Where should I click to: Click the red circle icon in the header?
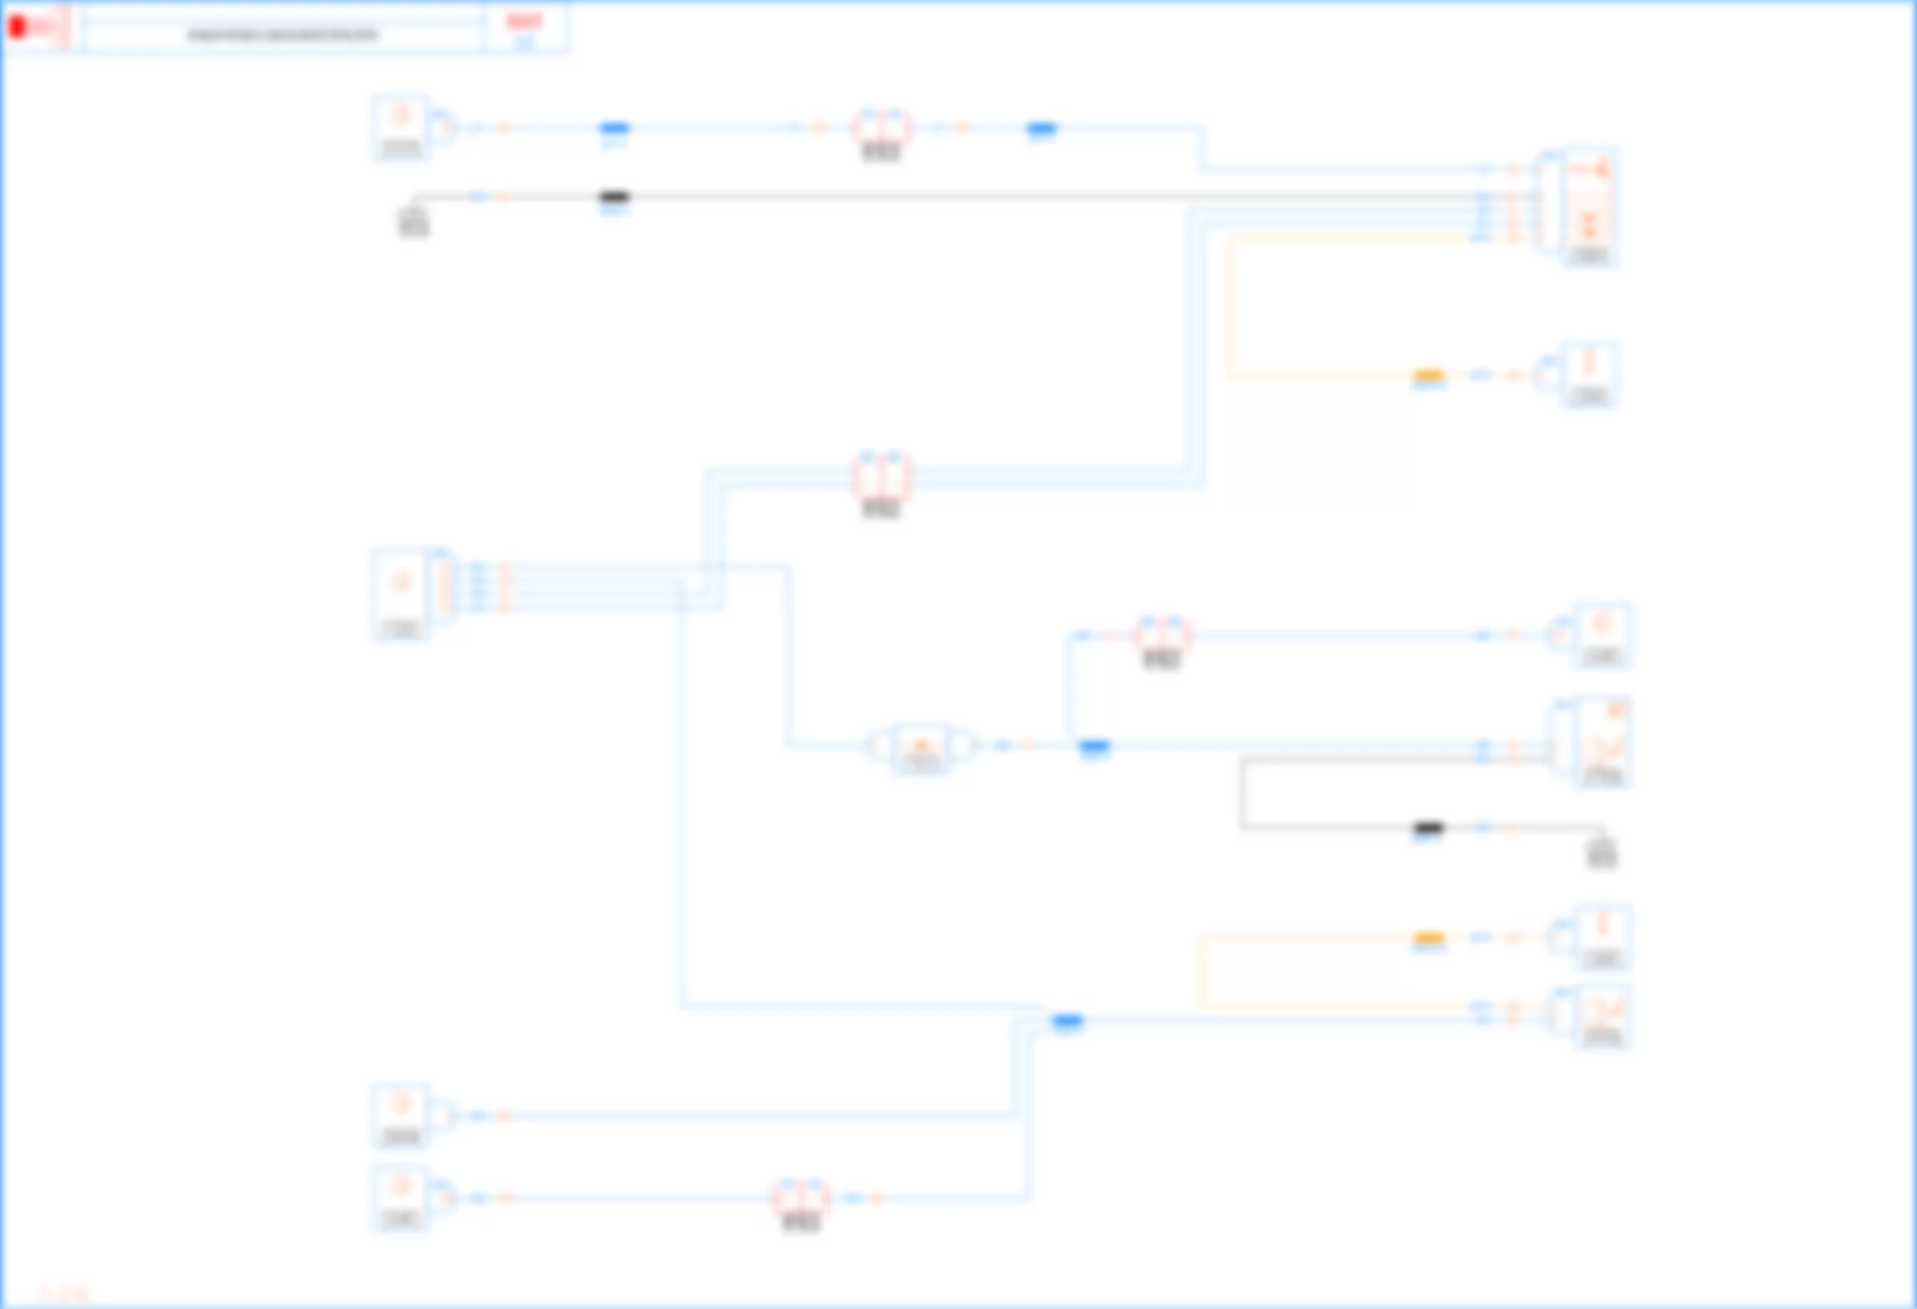[17, 27]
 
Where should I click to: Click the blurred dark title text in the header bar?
[282, 35]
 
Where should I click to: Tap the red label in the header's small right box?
[524, 22]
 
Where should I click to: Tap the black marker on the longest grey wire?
[615, 197]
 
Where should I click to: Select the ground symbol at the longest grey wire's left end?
[414, 221]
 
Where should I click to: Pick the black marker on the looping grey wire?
[1428, 828]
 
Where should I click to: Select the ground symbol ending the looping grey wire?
[1601, 852]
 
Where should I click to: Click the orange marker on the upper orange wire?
[1429, 376]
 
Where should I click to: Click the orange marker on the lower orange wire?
[1429, 938]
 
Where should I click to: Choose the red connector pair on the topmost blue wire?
[881, 129]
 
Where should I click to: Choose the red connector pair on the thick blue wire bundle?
[881, 478]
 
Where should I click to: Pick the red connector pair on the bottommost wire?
[801, 1198]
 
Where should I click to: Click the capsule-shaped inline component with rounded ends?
[920, 746]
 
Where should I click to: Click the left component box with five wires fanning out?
[401, 593]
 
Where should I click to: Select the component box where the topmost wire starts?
[401, 127]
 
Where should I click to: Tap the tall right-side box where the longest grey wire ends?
[1589, 207]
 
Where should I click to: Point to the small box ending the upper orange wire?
[1589, 374]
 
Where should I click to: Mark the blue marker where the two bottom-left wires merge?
[1068, 1021]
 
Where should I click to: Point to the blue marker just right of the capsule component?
[1094, 746]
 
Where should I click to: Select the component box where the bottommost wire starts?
[401, 1197]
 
